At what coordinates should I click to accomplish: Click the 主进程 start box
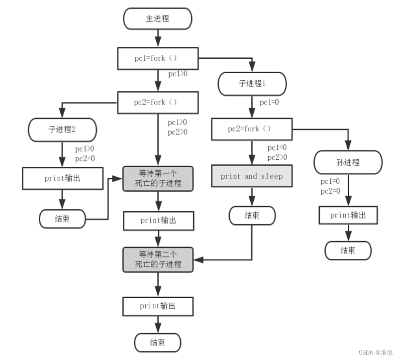tap(157, 19)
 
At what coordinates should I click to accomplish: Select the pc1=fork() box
tap(157, 58)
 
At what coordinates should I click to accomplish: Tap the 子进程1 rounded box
tap(252, 84)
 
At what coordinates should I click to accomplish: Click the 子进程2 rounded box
tap(62, 129)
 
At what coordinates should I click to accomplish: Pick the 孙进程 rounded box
tap(348, 162)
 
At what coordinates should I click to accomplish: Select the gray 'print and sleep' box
tap(251, 176)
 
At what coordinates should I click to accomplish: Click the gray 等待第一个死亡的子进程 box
tap(157, 178)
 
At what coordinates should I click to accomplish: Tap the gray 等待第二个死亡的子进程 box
tap(157, 259)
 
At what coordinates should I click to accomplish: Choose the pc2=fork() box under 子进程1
tap(251, 129)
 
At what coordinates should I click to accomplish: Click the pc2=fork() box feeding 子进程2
tap(157, 102)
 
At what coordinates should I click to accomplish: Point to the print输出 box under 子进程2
tap(62, 178)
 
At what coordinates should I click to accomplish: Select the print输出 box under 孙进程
tap(348, 215)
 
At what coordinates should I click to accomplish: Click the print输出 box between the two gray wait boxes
tap(157, 220)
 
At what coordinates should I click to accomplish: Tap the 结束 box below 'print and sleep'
tap(251, 216)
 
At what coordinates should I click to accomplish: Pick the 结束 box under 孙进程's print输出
tap(348, 250)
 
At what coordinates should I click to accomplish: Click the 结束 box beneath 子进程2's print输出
tap(62, 219)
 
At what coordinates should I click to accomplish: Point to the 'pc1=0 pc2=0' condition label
tap(330, 186)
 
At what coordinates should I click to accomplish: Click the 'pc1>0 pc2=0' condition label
tap(85, 154)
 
